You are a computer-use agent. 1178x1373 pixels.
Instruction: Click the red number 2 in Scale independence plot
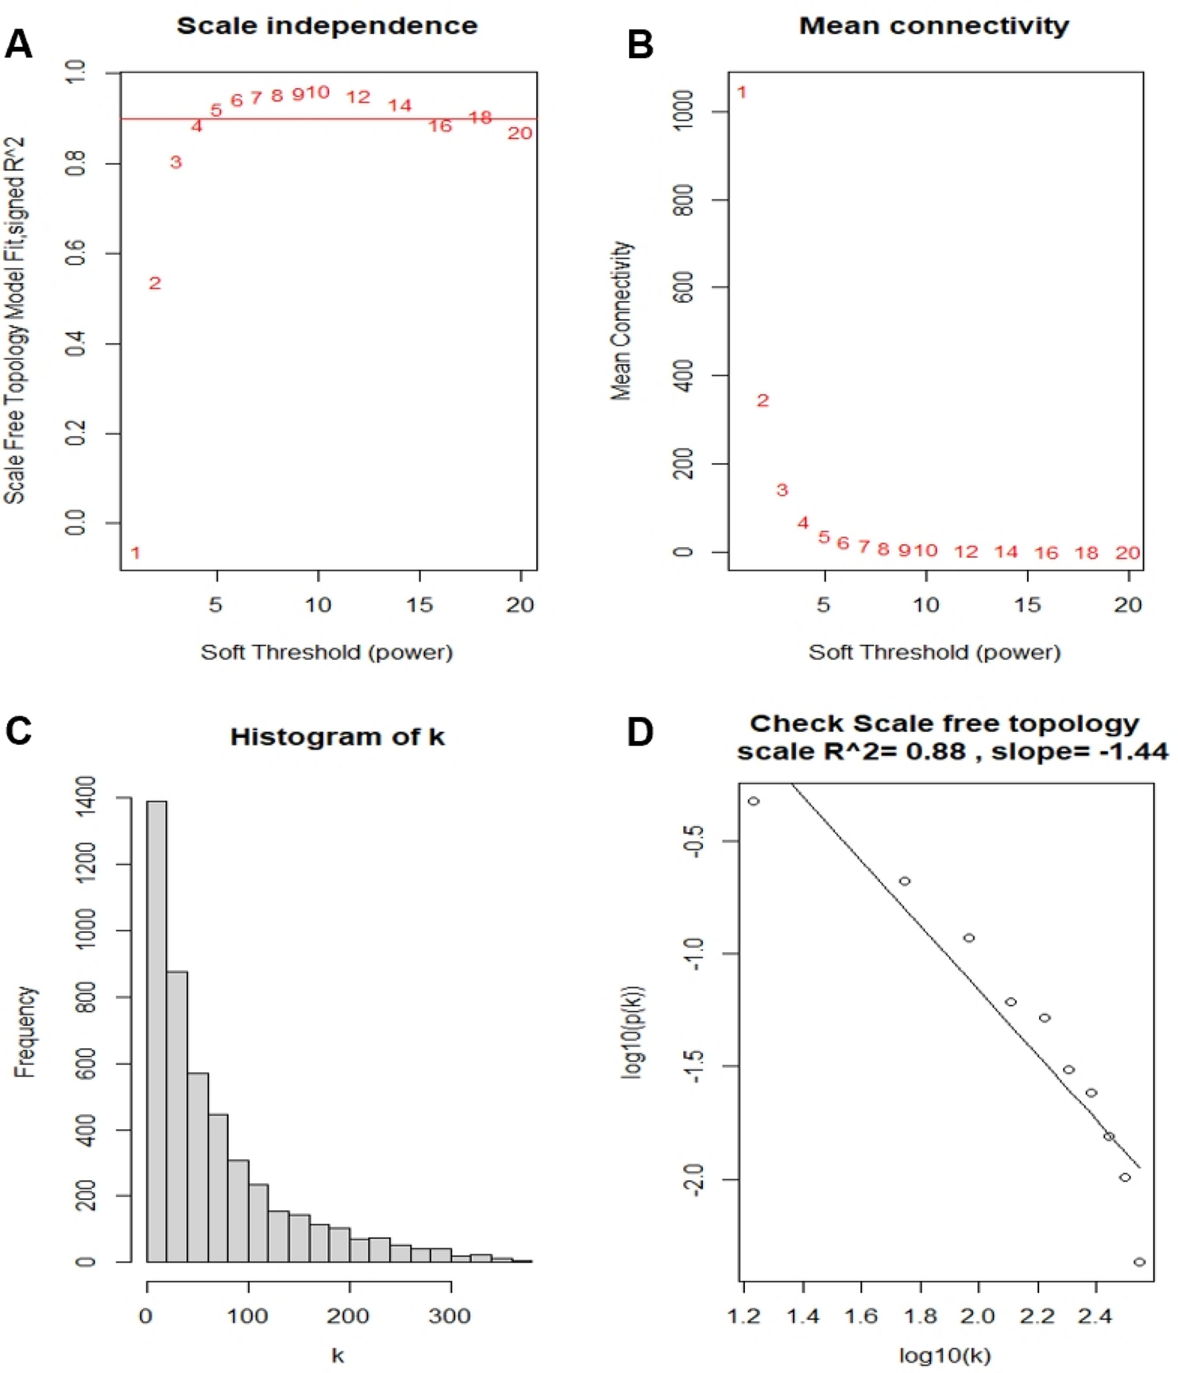(155, 283)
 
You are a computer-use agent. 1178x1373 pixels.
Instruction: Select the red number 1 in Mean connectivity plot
(741, 92)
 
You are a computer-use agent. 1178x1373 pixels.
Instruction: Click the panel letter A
(18, 44)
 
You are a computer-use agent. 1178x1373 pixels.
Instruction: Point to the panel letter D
(639, 731)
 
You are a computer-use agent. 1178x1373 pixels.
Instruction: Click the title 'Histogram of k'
(337, 737)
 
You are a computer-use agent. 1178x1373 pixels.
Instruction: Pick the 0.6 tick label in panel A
(76, 253)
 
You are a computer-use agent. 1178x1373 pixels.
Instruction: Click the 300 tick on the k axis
(450, 1316)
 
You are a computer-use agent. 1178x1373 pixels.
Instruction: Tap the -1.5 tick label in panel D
(693, 1066)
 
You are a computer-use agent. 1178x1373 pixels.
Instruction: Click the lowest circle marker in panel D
(1139, 1261)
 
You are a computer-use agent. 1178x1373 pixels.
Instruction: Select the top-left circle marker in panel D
(753, 801)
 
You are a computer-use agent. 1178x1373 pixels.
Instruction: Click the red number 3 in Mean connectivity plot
(782, 490)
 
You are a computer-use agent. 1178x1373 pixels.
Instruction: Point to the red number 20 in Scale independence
(519, 133)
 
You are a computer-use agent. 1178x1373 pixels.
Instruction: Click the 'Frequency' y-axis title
(25, 1032)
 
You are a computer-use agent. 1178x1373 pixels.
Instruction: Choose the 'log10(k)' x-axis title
(944, 1356)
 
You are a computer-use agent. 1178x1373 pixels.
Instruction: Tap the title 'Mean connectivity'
(933, 25)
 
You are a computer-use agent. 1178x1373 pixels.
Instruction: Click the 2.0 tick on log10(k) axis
(977, 1316)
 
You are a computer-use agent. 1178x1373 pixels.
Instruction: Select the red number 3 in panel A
(176, 162)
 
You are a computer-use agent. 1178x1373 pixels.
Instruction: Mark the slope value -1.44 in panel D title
(1134, 751)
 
